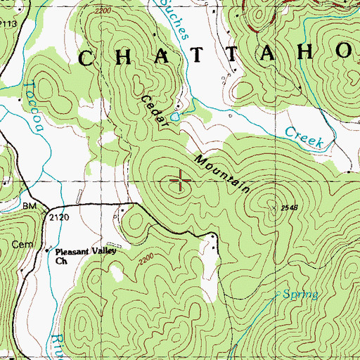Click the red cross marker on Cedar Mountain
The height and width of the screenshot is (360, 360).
[181, 181]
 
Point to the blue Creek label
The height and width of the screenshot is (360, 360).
[304, 137]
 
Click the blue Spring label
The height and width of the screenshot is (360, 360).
[301, 294]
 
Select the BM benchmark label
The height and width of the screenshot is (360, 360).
[29, 205]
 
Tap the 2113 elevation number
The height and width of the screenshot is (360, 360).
[8, 23]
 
